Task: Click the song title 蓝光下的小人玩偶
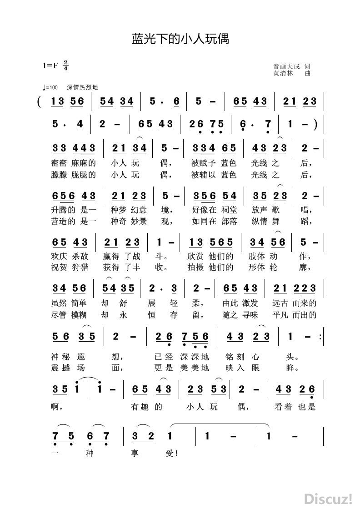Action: (x=180, y=39)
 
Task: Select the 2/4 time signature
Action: (x=66, y=65)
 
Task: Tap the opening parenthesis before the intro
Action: (x=40, y=101)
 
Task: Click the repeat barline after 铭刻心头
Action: (x=322, y=337)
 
